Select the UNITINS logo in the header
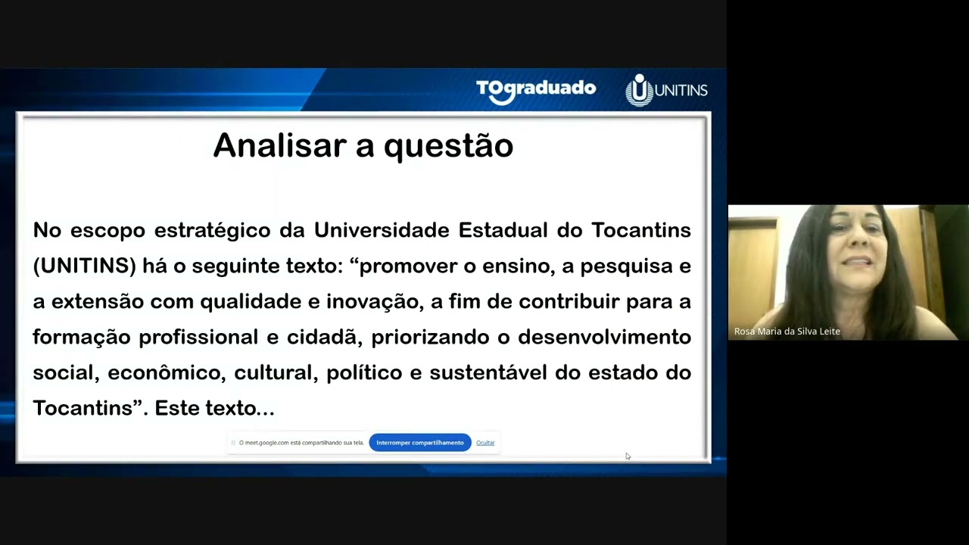[666, 90]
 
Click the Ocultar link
[485, 443]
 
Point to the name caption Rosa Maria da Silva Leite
[787, 332]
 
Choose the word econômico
[167, 372]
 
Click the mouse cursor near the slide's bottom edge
[628, 456]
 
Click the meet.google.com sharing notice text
[301, 443]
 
